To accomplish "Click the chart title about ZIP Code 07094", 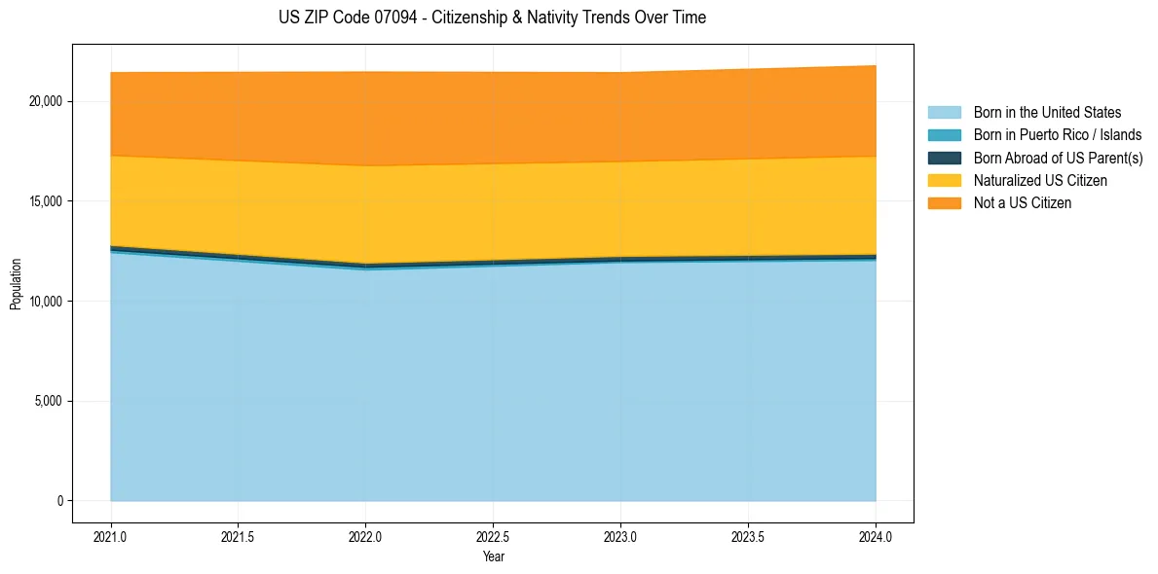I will point(492,18).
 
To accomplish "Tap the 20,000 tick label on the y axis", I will point(47,101).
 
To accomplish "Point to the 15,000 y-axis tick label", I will point(47,201).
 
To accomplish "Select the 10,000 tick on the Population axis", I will point(47,302).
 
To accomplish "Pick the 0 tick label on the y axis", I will point(59,501).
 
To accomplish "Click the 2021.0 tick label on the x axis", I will point(110,536).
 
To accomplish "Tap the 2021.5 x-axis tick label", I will point(238,536).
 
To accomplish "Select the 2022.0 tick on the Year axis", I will point(365,536).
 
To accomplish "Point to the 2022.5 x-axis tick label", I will point(493,536).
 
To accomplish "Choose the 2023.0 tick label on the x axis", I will point(620,536).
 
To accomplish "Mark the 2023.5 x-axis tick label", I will point(748,536).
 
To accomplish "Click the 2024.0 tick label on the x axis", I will point(876,536).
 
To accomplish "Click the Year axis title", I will point(493,556).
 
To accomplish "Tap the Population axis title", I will point(16,283).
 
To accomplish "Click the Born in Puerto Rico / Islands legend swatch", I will point(944,135).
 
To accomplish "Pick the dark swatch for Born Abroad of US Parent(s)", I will point(944,158).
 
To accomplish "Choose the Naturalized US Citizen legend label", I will point(1040,181).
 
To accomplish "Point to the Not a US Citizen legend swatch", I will point(944,203).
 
